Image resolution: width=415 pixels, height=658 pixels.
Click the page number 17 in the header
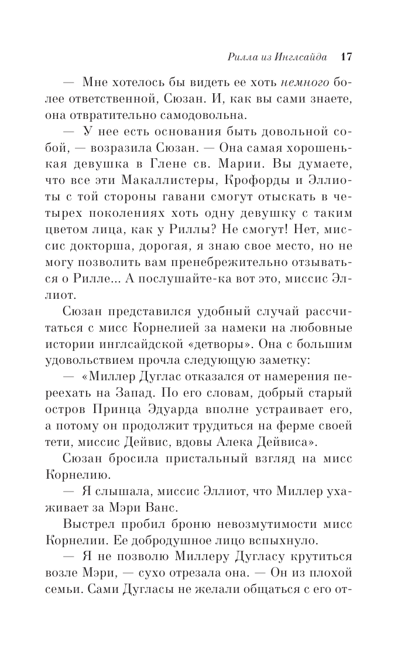[345, 56]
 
